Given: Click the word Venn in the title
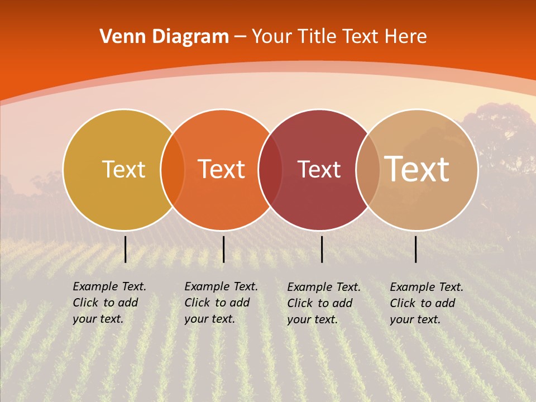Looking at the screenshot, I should pyautogui.click(x=118, y=37).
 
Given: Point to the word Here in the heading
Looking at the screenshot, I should pyautogui.click(x=406, y=37).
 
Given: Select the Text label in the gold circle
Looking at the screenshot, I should pyautogui.click(x=123, y=169).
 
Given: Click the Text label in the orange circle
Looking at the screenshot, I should pyautogui.click(x=222, y=169).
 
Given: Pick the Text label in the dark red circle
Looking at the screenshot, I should pyautogui.click(x=319, y=169).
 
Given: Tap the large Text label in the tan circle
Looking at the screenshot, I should pyautogui.click(x=417, y=169).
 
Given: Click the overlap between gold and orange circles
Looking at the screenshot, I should pyautogui.click(x=173, y=169).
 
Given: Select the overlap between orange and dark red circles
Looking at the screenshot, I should pyautogui.click(x=270, y=169).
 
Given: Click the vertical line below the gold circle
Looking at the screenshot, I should pyautogui.click(x=126, y=249).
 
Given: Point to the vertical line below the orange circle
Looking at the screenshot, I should pyautogui.click(x=223, y=249).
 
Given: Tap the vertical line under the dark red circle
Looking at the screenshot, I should pyautogui.click(x=322, y=249).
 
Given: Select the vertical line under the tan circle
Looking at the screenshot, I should pyautogui.click(x=416, y=249).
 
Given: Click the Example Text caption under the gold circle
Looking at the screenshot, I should pyautogui.click(x=109, y=303).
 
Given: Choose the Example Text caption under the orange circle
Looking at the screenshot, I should pyautogui.click(x=221, y=303).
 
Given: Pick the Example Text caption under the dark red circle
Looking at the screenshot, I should pyautogui.click(x=324, y=303).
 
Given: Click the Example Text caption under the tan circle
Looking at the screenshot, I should pyautogui.click(x=427, y=303).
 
